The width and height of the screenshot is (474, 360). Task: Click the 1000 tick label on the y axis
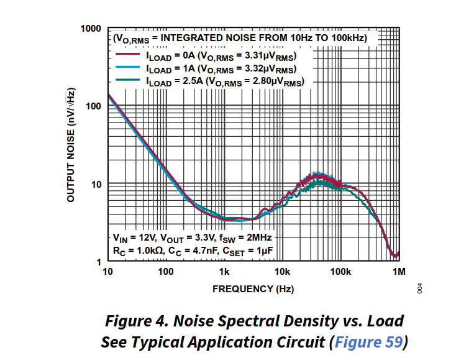[x=91, y=29]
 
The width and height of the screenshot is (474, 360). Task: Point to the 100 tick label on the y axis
[x=93, y=106]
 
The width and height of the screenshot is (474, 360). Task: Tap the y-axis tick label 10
[x=96, y=184]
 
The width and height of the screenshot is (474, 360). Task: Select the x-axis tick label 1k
[x=224, y=272]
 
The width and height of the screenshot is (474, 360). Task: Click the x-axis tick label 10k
[x=282, y=272]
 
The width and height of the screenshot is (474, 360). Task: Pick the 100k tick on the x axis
[x=340, y=272]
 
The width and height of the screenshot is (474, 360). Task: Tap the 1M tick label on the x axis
[x=399, y=272]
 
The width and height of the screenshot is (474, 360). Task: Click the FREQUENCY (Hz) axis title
[x=253, y=289]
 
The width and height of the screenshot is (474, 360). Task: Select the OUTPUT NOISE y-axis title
[x=71, y=144]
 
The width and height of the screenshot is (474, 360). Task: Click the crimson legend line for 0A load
[x=127, y=55]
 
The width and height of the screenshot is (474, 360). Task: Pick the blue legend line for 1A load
[x=127, y=68]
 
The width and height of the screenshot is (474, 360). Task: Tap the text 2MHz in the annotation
[x=257, y=238]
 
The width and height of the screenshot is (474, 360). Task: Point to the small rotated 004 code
[x=420, y=288]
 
